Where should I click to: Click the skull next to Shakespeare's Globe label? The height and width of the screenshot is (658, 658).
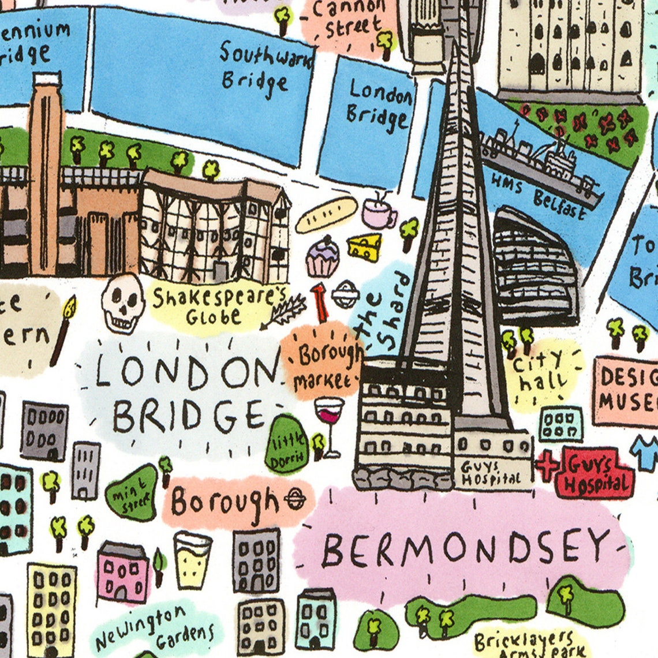coord(122,302)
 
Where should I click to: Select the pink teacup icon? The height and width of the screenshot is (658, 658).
coord(379,214)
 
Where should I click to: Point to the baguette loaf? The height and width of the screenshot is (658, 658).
coord(327,215)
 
